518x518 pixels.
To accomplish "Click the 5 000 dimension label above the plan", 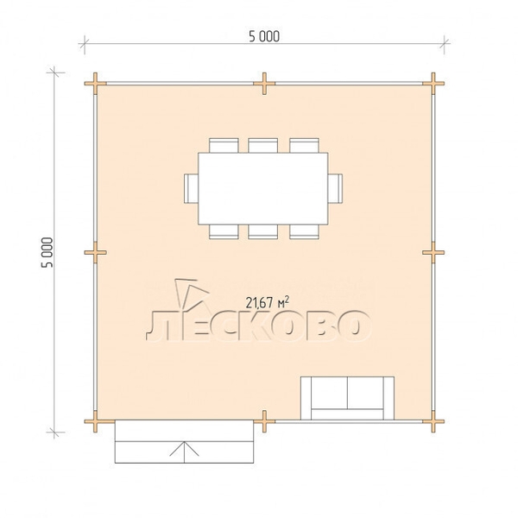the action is [x=264, y=36].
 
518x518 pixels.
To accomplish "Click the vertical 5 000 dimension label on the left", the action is [x=47, y=252].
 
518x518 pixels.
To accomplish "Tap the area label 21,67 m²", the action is [x=268, y=302].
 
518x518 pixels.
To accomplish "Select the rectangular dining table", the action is [x=263, y=188].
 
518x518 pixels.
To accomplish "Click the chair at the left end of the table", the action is [x=192, y=188].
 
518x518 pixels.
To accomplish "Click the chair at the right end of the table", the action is [x=335, y=188].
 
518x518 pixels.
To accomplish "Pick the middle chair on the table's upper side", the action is [x=263, y=145].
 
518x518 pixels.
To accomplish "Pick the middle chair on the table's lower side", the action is [x=263, y=231].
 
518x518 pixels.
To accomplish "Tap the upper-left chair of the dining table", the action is [x=224, y=145].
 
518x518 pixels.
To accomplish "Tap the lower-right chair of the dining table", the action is [x=304, y=231].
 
